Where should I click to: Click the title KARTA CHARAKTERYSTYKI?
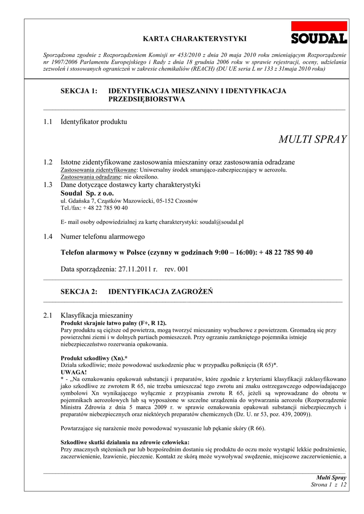[195, 39]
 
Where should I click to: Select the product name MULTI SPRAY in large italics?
[312, 140]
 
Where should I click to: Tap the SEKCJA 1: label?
[79, 91]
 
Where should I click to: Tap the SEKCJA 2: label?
[79, 292]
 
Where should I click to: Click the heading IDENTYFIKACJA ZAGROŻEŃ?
[161, 292]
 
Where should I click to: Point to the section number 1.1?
[48, 121]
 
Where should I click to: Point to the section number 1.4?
[48, 236]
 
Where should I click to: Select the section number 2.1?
[48, 315]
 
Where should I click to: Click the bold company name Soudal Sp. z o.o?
[87, 193]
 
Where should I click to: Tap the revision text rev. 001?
[176, 269]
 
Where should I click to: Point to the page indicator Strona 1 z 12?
[329, 484]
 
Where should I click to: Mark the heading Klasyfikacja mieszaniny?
[96, 315]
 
